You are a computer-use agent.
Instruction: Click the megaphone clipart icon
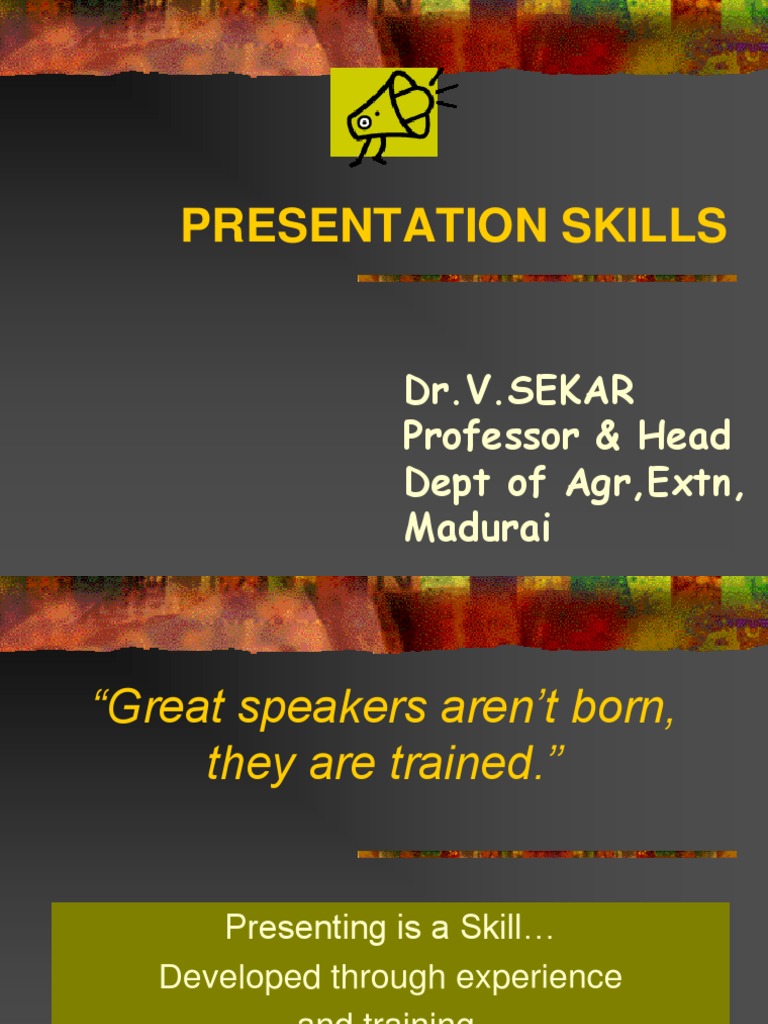(391, 114)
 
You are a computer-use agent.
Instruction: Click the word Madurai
(477, 528)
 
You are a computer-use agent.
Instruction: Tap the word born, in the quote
(620, 708)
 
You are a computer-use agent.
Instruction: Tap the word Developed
(234, 977)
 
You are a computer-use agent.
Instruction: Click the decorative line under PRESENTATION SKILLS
(547, 278)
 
